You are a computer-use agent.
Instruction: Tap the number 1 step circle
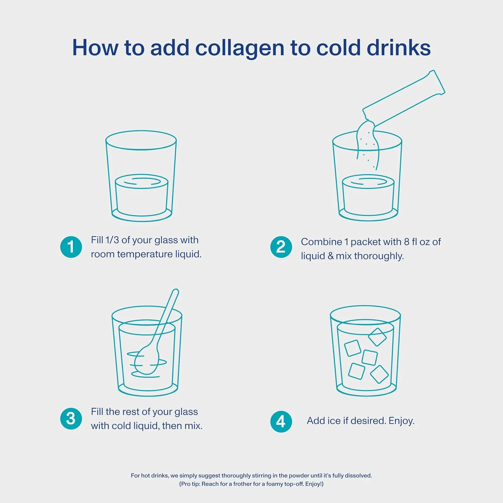pyautogui.click(x=71, y=247)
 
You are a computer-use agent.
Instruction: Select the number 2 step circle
pyautogui.click(x=281, y=247)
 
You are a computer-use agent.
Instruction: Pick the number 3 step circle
pyautogui.click(x=71, y=418)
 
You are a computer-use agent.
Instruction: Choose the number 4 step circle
pyautogui.click(x=281, y=422)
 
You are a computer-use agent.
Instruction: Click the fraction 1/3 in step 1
pyautogui.click(x=112, y=240)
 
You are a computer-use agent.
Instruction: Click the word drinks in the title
pyautogui.click(x=399, y=48)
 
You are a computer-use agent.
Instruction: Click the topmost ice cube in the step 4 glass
pyautogui.click(x=378, y=337)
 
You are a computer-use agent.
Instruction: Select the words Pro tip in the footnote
pyautogui.click(x=190, y=484)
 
